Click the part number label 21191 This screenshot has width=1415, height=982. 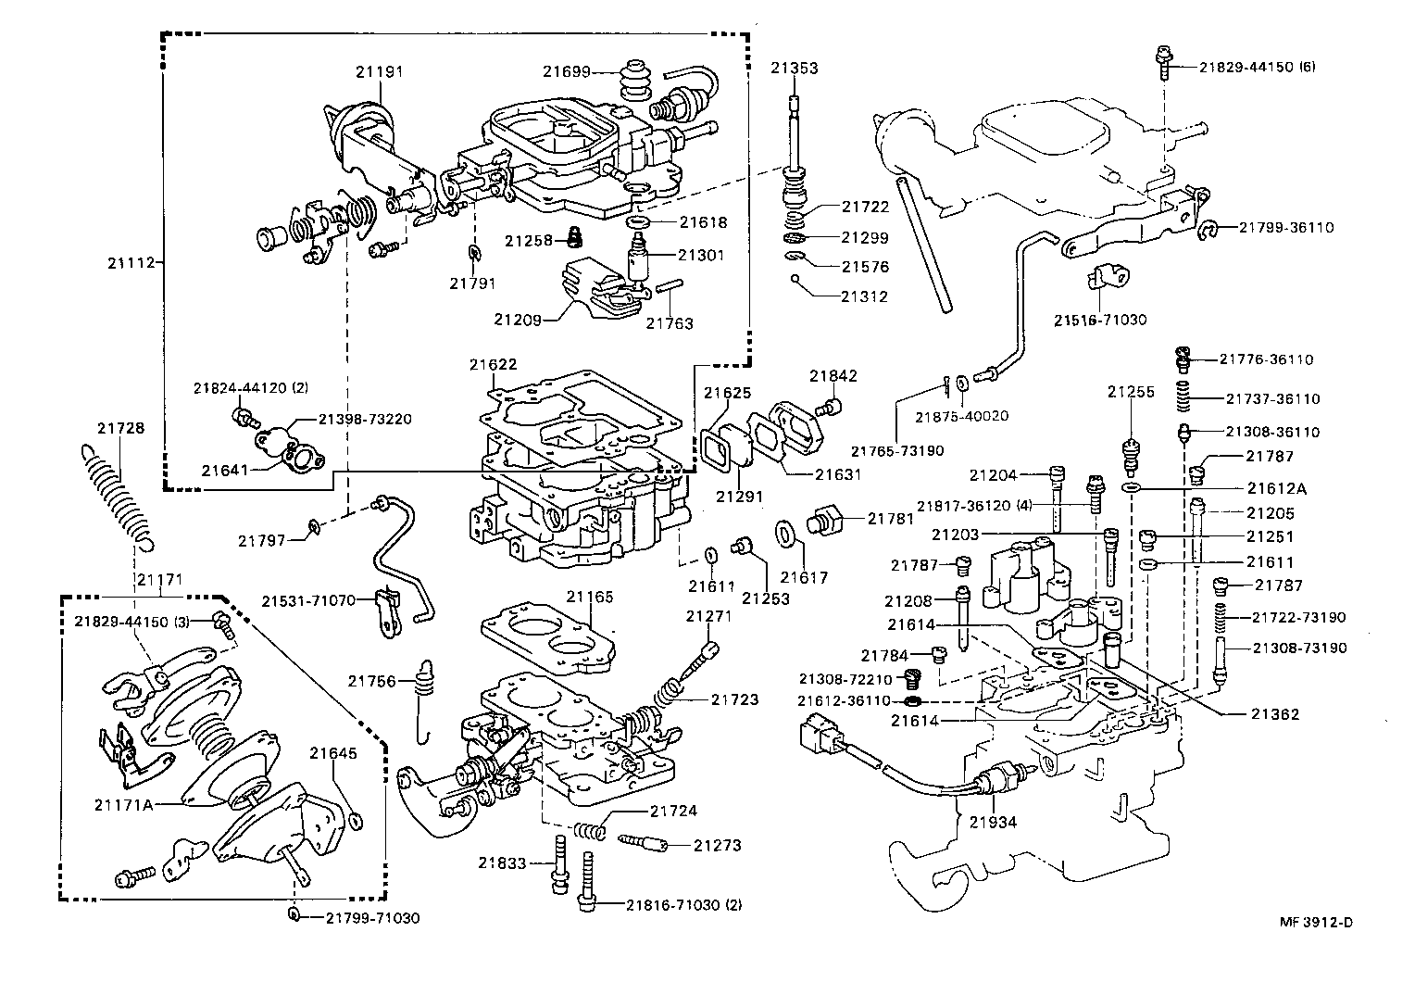coord(381,70)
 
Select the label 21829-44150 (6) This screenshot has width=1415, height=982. coord(1257,67)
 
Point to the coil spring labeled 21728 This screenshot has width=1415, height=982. coord(119,496)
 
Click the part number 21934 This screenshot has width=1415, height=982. coord(994,821)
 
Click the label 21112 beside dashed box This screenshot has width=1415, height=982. coord(131,263)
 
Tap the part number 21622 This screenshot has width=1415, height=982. coord(493,364)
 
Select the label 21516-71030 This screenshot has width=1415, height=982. coord(1100,320)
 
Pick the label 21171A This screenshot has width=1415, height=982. coord(122,804)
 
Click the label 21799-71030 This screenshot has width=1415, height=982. coord(372,918)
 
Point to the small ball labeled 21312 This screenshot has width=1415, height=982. coord(795,278)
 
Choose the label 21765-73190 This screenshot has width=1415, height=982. coord(896,451)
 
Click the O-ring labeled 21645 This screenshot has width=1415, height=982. coord(357,820)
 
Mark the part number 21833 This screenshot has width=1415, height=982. coord(502,862)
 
